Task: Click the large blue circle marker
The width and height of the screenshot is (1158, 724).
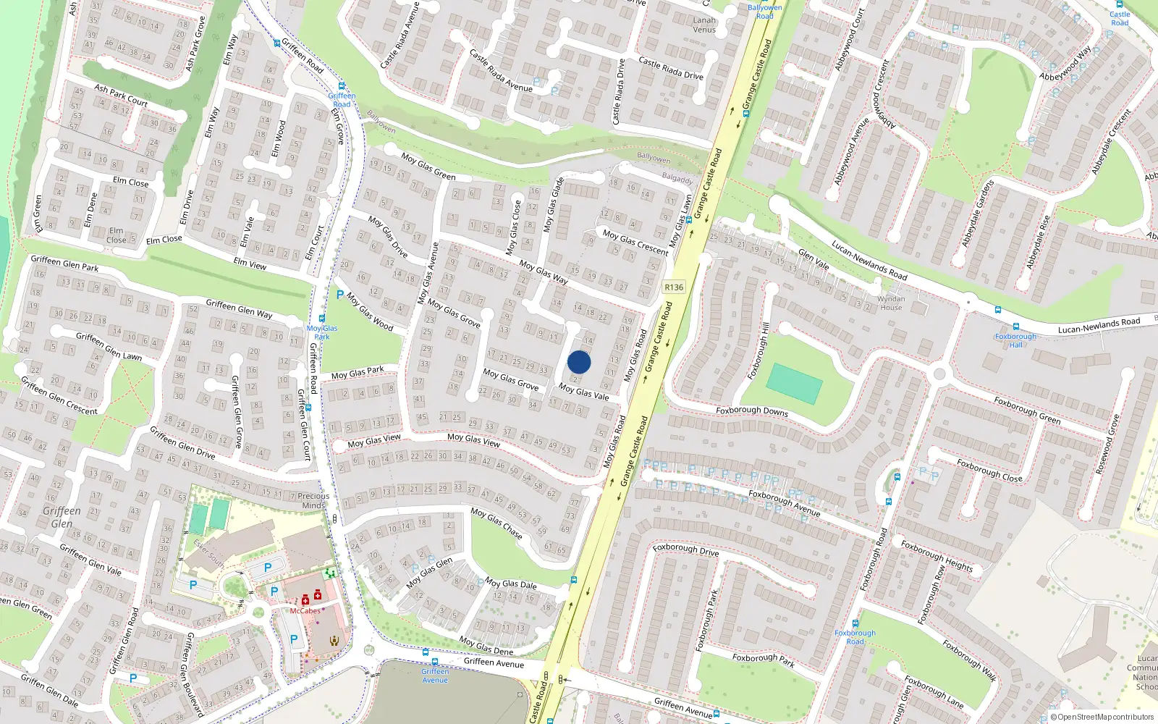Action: point(579,362)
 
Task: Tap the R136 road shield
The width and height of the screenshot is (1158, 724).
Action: point(674,287)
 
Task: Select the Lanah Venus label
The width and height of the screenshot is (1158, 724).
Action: point(704,25)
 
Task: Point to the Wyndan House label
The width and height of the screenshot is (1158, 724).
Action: point(891,303)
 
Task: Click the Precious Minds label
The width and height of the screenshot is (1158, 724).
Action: point(313,501)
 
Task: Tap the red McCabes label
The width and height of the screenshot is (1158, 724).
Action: point(305,611)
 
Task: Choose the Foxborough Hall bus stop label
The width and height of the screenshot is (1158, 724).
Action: point(1015,340)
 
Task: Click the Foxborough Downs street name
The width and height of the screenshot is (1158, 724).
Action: point(752,411)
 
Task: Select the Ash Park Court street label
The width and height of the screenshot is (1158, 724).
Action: point(121,96)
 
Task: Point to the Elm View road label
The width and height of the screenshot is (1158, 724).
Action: point(250,264)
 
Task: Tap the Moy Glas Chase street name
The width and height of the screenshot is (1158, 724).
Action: point(496,523)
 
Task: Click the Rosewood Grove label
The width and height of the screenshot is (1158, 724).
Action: point(1107,445)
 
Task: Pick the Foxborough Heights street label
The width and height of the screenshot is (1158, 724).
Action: point(937,555)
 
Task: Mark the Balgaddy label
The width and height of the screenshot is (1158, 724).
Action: point(677,178)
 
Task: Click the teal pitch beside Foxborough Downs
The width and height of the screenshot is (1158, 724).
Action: point(794,383)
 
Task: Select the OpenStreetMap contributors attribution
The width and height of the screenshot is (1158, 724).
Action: point(1102,717)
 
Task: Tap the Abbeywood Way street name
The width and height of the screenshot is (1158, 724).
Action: point(1065,64)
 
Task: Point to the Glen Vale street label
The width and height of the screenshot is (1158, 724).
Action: point(813,259)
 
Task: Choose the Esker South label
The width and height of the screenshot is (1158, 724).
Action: point(208,553)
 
